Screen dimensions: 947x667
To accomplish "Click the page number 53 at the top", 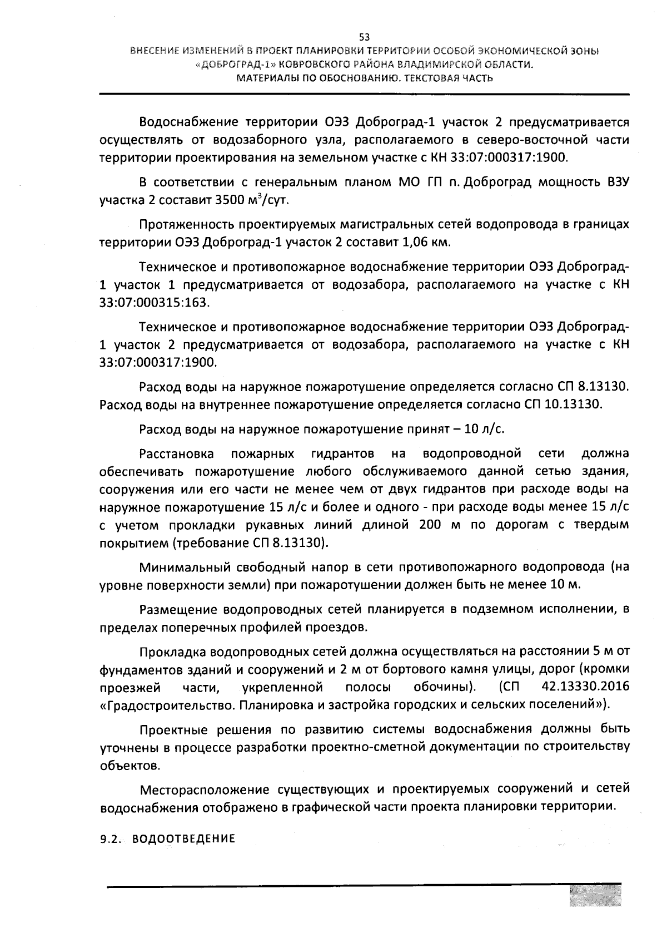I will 364,37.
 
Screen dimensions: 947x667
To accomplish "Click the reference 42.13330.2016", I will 585,686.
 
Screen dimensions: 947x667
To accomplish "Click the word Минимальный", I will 181,568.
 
